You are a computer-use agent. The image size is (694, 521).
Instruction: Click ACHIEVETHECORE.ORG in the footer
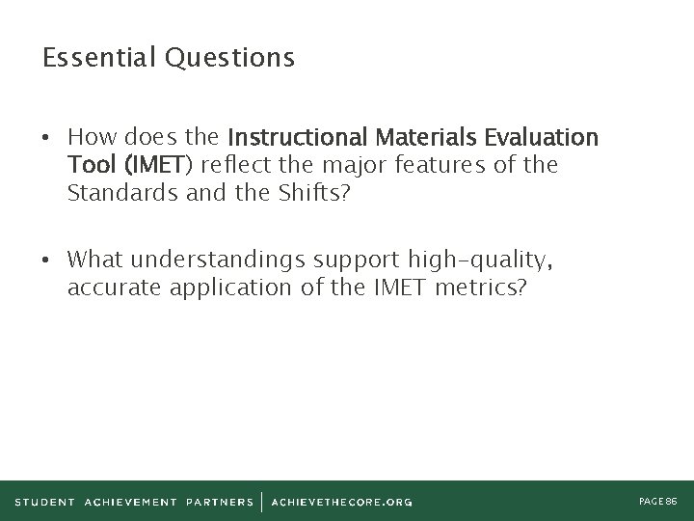(x=342, y=502)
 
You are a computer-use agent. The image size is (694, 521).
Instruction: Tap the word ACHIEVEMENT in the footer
(x=130, y=502)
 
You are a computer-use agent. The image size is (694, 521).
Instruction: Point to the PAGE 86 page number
(x=658, y=502)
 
